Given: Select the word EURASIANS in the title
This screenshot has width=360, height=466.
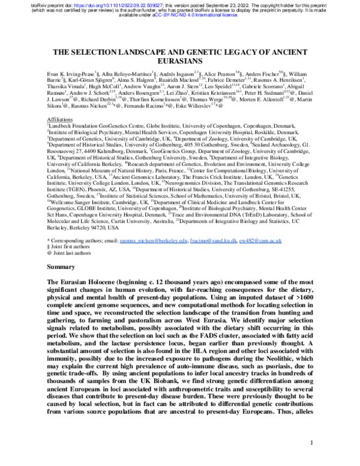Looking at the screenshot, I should pyautogui.click(x=180, y=62).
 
